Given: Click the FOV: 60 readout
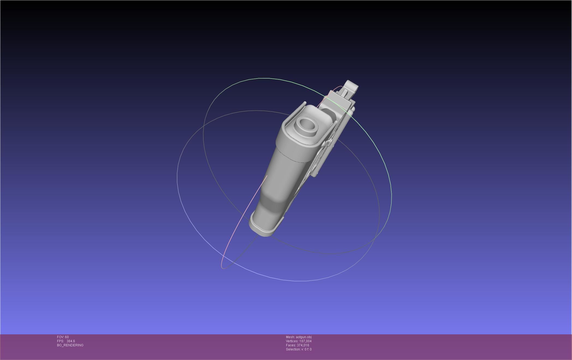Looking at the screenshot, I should (x=63, y=337).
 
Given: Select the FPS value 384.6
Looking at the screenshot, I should (x=71, y=341).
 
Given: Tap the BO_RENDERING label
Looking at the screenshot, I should (x=70, y=345).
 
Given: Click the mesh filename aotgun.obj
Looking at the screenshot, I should (x=303, y=337).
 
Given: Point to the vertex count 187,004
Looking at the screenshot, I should (x=305, y=341).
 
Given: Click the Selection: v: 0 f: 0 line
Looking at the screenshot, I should (x=299, y=349).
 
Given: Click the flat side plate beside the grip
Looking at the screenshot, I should (x=322, y=161).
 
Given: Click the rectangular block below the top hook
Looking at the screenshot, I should (x=338, y=104).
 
